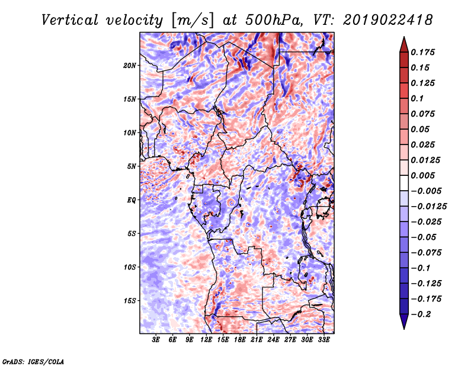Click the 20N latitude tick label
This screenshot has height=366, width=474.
coord(130,65)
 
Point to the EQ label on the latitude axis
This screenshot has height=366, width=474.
coord(132,200)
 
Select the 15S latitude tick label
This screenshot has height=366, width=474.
coord(130,300)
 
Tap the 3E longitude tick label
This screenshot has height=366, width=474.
coord(156,341)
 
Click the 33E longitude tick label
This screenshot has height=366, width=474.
coord(324,341)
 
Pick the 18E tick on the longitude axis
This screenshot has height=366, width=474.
coord(240,341)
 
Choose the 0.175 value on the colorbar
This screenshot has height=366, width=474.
coord(424,52)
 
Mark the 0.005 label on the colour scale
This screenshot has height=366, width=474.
coord(424,175)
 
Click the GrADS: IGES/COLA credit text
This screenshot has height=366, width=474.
coord(33,361)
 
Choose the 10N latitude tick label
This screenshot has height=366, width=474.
coord(130,132)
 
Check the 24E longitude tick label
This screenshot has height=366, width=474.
coord(273,341)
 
